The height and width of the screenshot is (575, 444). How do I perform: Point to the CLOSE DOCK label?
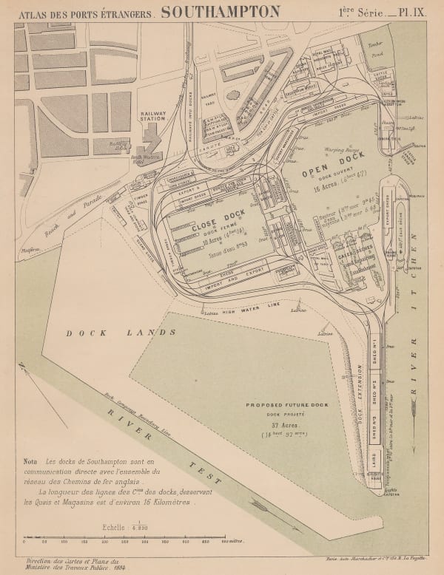[x=215, y=228]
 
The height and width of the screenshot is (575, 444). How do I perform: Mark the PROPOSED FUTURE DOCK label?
[x=284, y=406]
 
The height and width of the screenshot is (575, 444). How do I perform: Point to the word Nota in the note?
[x=33, y=460]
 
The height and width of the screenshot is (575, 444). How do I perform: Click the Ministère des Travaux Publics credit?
[x=74, y=565]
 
